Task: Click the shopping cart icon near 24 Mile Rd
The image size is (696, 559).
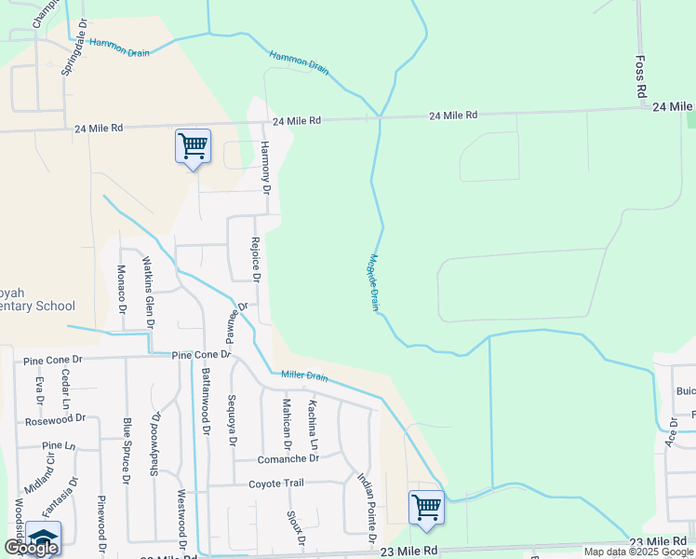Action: (x=193, y=146)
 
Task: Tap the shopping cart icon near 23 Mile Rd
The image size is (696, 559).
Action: (x=426, y=508)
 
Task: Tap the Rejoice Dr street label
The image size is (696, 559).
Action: (x=254, y=259)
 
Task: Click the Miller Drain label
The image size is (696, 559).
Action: (x=306, y=375)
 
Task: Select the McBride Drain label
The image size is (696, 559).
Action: (x=374, y=282)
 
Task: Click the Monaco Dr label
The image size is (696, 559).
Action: (x=121, y=291)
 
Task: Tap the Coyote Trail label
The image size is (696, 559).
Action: (x=276, y=484)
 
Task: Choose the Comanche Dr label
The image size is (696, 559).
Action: (x=288, y=458)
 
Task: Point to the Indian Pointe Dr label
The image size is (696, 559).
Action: (x=368, y=508)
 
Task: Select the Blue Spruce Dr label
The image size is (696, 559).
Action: (x=127, y=451)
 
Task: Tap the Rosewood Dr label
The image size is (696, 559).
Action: (x=56, y=419)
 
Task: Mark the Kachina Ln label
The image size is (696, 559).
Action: (x=314, y=419)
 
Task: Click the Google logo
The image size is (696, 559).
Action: (x=31, y=548)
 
